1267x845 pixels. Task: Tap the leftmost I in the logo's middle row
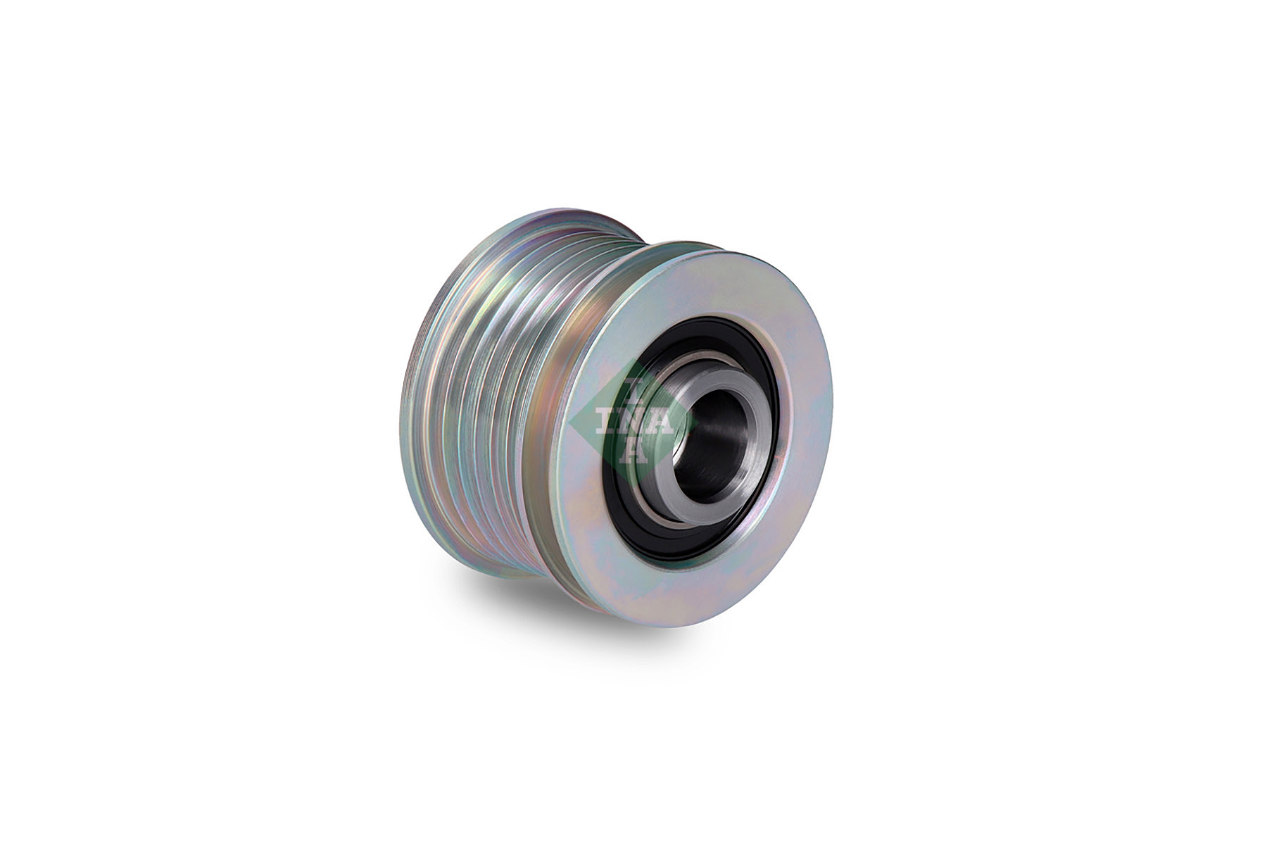click(x=603, y=420)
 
